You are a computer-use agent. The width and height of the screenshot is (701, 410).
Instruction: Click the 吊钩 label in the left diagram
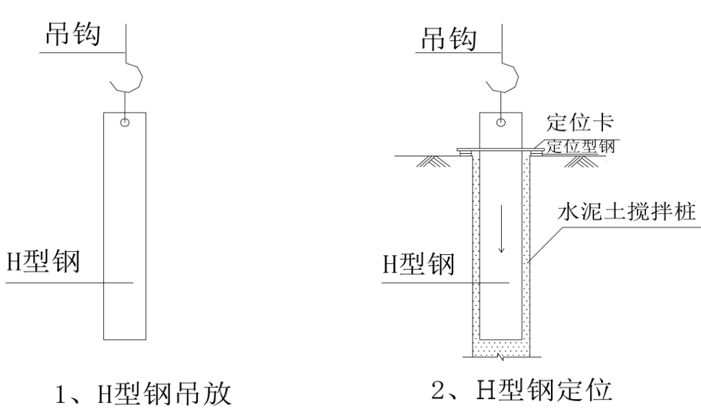(71, 36)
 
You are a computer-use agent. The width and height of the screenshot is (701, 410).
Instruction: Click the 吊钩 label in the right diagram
(447, 38)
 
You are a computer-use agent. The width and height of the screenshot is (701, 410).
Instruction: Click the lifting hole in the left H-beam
(125, 122)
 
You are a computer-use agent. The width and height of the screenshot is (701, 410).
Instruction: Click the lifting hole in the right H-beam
(501, 122)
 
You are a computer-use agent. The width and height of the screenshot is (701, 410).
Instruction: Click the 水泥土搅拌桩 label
(627, 213)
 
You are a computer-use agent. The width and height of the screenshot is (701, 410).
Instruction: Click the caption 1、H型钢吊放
(141, 393)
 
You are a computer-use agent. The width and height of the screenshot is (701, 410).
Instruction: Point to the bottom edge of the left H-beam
(125, 339)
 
